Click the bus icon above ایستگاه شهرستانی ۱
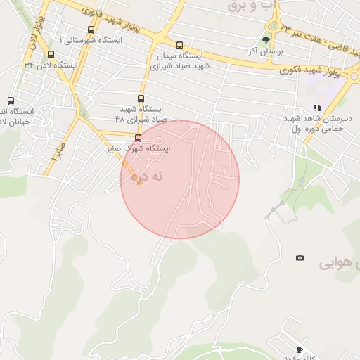91,30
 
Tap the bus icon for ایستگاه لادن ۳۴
50,54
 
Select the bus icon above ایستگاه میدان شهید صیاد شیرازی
179,45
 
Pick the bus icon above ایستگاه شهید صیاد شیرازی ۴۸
141,99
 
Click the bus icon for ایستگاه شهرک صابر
137,138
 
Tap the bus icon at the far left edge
10,101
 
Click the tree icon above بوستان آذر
266,40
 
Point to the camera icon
300,258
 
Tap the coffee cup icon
300,350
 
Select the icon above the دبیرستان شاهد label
317,108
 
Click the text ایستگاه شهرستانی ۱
91,40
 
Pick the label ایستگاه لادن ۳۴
51,65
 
